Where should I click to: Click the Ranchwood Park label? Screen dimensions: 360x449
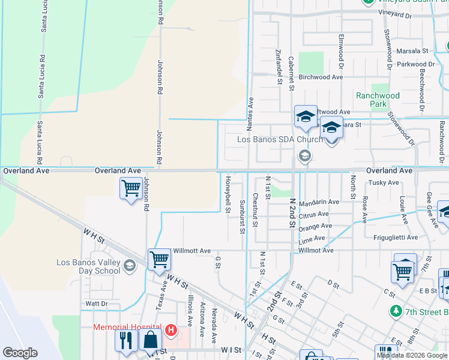click(x=378, y=100)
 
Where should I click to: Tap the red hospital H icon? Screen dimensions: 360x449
click(x=171, y=329)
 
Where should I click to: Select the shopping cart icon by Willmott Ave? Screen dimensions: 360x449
click(x=159, y=259)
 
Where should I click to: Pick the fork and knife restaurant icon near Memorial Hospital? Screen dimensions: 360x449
click(x=125, y=340)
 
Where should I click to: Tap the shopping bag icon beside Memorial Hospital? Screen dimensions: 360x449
click(x=150, y=340)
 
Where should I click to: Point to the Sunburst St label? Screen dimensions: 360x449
click(x=243, y=214)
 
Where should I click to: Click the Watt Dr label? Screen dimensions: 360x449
click(x=96, y=304)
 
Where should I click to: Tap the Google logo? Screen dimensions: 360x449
click(x=20, y=353)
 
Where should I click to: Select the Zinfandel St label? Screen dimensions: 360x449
click(x=279, y=66)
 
